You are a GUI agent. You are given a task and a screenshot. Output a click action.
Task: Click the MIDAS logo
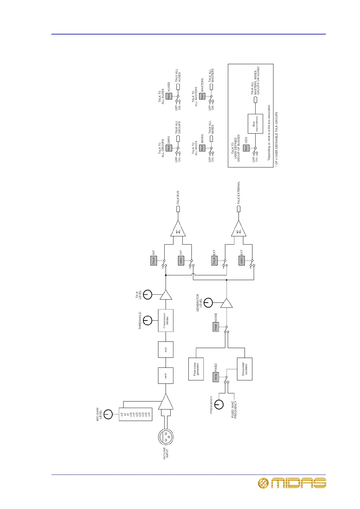(292, 483)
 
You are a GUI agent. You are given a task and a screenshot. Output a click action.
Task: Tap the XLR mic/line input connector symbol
(165, 436)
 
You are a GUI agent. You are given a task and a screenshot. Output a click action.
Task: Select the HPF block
(165, 375)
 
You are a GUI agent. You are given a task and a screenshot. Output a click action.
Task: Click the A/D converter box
(165, 349)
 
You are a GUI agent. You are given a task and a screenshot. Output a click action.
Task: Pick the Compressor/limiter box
(165, 320)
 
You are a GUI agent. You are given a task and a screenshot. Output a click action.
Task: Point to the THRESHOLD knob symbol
(147, 320)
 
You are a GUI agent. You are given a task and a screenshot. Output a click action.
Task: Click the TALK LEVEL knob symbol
(147, 294)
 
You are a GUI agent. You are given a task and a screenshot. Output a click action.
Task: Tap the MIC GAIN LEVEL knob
(108, 414)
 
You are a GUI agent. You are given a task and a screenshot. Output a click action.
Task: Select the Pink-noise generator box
(196, 369)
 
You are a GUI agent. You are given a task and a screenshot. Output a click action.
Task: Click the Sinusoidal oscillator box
(244, 369)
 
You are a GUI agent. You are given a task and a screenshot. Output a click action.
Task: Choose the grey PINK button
(216, 327)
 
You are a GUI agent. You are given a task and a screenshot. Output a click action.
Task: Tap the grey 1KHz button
(216, 377)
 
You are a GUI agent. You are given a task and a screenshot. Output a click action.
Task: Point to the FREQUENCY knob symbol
(219, 404)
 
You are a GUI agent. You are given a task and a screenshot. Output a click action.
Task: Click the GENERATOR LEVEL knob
(208, 303)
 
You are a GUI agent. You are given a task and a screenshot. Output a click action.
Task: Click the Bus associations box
(255, 124)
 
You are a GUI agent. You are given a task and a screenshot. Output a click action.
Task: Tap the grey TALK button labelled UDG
(246, 148)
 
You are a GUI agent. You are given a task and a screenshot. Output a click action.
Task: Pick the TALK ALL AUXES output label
(178, 76)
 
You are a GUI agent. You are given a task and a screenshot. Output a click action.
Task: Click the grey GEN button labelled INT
(181, 261)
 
